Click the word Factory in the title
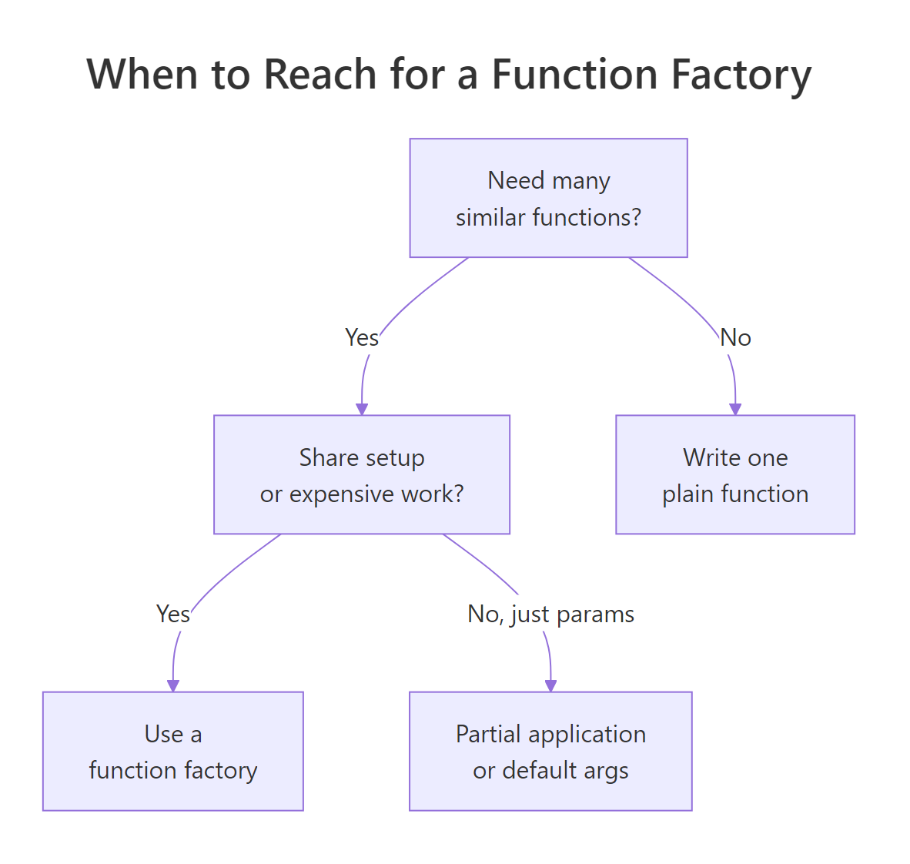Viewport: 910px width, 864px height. (x=741, y=75)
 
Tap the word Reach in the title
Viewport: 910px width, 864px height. (x=320, y=75)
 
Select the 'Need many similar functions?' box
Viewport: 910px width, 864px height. (x=548, y=198)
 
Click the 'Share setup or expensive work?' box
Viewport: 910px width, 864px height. (x=362, y=474)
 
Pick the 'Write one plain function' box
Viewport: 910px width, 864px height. (x=735, y=474)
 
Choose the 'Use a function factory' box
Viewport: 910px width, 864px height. (x=173, y=751)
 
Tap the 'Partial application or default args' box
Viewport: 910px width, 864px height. (x=550, y=751)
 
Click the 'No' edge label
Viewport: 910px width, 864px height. (x=735, y=337)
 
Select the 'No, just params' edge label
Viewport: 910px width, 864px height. (x=550, y=614)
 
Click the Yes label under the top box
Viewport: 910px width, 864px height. (x=361, y=337)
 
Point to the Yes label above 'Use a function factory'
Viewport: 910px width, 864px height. (x=172, y=614)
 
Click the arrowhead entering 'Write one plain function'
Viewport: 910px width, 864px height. (x=735, y=409)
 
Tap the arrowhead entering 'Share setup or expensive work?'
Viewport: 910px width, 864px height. (x=362, y=409)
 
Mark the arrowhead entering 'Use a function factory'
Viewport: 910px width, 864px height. (x=173, y=685)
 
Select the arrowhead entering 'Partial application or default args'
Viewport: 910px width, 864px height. (x=550, y=685)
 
